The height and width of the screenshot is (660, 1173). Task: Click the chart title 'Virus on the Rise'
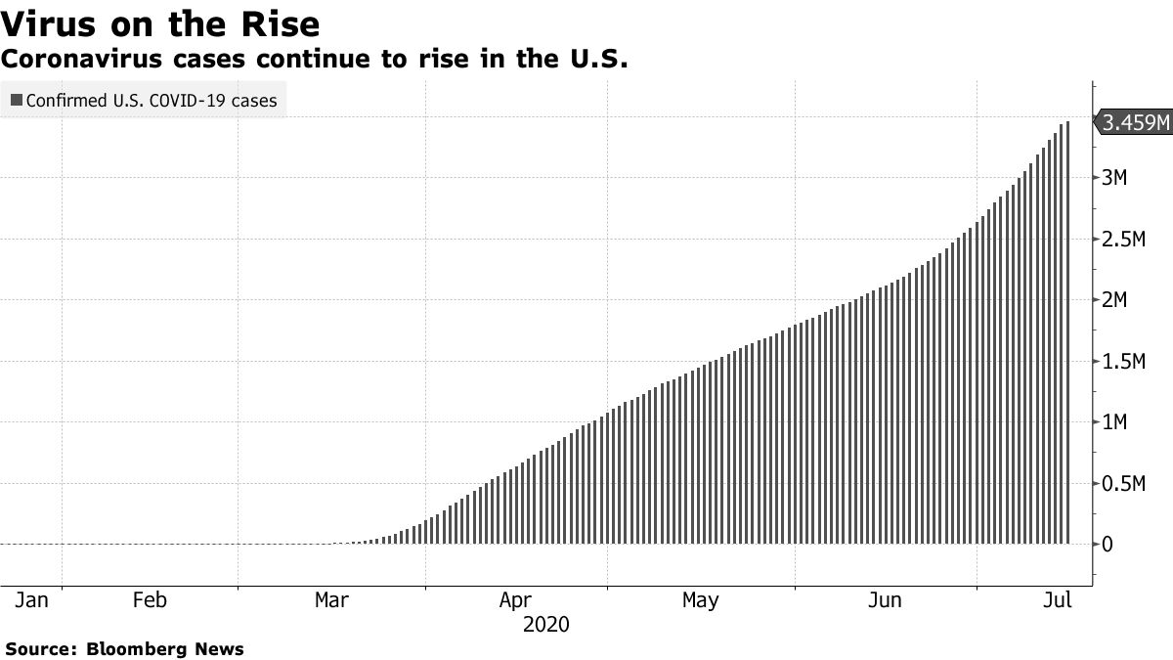(x=161, y=22)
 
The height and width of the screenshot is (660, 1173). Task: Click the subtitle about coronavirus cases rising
(x=314, y=60)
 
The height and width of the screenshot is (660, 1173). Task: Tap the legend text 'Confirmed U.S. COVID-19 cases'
(x=152, y=100)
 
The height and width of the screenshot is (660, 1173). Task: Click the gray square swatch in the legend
(x=15, y=100)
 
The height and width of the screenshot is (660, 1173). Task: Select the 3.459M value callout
(x=1134, y=122)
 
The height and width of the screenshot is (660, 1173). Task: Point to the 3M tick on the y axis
(x=1115, y=178)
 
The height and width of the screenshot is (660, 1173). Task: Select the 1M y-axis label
(x=1115, y=422)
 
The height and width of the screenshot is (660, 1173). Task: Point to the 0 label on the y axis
(x=1107, y=545)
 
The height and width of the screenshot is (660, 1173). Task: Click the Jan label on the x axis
(x=31, y=599)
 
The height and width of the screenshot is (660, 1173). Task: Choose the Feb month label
(x=150, y=599)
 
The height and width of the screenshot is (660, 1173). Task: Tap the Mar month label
(x=331, y=599)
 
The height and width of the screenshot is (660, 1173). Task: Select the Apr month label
(x=515, y=599)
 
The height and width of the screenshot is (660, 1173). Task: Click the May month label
(x=700, y=599)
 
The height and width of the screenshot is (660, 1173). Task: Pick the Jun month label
(x=885, y=599)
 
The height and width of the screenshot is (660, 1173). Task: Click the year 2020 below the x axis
(x=545, y=624)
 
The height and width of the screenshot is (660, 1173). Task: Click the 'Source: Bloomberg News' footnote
(x=124, y=648)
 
